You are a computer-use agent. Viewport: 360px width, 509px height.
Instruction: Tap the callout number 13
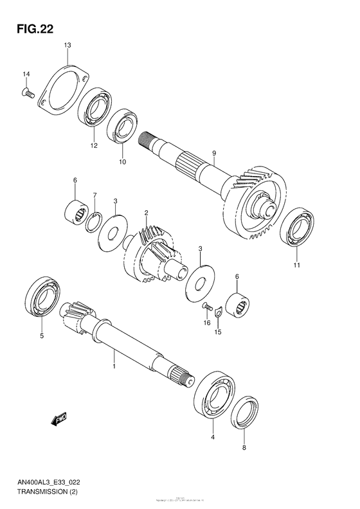[x=67, y=44]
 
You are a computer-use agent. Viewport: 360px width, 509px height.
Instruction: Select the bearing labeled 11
[x=297, y=228]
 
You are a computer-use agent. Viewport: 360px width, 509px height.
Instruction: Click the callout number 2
[x=146, y=213]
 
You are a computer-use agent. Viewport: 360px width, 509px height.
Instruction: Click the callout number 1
[x=114, y=366]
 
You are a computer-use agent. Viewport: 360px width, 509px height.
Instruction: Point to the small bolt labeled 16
[x=206, y=307]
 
